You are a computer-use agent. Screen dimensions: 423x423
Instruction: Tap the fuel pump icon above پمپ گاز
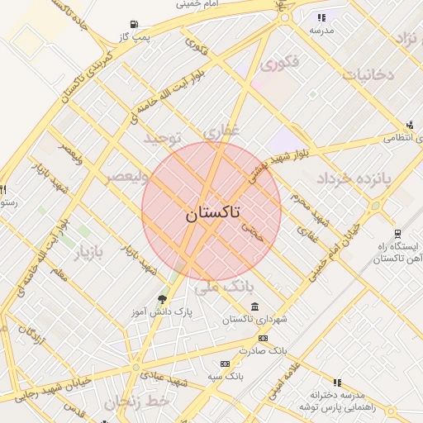(x=135, y=25)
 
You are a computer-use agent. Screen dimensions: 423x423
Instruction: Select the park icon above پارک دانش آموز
(x=162, y=299)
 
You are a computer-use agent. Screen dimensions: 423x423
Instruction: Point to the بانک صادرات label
(x=261, y=350)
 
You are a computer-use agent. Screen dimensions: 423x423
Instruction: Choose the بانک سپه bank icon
(x=225, y=364)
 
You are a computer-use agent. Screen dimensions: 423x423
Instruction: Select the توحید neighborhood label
(x=162, y=137)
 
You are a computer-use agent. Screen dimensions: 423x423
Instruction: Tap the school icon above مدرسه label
(x=321, y=17)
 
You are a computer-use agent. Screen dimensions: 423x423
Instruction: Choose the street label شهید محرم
(x=311, y=207)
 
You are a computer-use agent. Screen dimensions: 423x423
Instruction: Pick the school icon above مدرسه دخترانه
(x=337, y=383)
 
